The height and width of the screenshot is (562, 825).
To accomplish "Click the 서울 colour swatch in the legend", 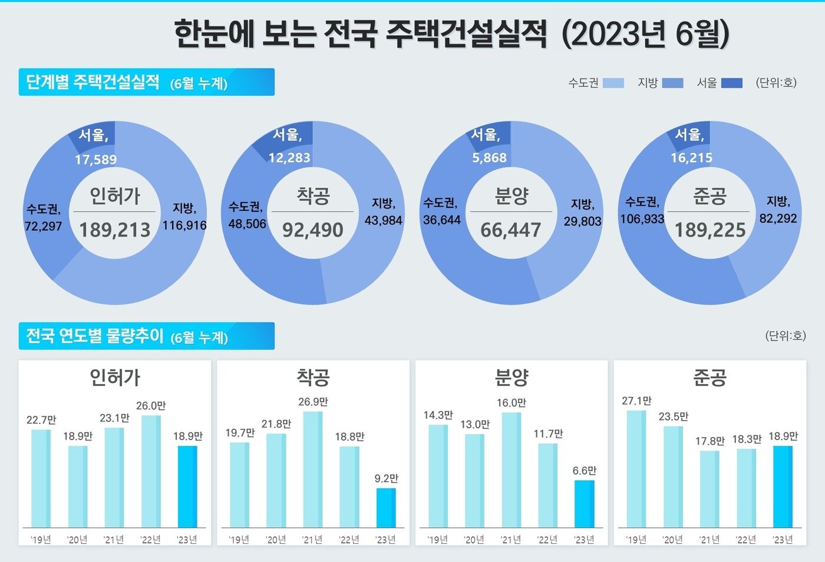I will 731,83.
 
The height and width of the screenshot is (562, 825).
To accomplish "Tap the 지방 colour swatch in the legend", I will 672,83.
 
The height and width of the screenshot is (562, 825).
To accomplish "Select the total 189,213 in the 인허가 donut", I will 115,230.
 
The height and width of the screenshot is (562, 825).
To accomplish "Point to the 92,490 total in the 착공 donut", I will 312,230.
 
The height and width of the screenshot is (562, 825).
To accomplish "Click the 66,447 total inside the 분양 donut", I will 510,230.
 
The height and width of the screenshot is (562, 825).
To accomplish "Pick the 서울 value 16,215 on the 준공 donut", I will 691,158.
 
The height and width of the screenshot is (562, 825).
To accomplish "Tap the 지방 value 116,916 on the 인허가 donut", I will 184,225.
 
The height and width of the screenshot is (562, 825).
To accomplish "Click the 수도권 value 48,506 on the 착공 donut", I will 247,224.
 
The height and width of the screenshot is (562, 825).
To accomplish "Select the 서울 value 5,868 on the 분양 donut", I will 489,158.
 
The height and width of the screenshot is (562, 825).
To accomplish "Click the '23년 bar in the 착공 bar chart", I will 386,508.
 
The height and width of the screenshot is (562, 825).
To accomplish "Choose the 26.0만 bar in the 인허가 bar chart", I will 151,471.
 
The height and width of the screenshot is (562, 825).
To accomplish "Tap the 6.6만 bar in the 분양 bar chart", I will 584,504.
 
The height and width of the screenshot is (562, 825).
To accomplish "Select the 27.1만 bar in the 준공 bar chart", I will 636,469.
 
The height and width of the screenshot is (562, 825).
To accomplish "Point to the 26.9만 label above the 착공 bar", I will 313,402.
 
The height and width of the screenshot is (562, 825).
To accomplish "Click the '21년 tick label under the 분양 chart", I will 510,540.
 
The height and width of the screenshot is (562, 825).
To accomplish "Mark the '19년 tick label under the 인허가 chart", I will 41,540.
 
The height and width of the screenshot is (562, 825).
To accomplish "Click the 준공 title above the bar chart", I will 709,378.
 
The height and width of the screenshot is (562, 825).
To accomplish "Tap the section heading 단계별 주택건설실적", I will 93,82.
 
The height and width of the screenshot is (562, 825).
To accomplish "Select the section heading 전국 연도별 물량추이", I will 95,336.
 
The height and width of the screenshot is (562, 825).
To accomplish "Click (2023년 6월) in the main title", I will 645,34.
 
